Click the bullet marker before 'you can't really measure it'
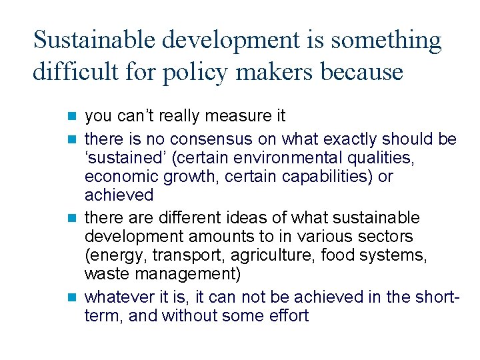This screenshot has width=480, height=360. pos(73,116)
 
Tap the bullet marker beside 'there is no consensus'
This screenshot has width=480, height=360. pos(73,139)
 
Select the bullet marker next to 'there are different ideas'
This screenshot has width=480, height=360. pos(73,218)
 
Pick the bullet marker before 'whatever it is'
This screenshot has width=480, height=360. pos(73,297)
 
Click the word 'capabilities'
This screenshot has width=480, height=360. pos(331,177)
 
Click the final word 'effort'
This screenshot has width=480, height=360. pos(289,315)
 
